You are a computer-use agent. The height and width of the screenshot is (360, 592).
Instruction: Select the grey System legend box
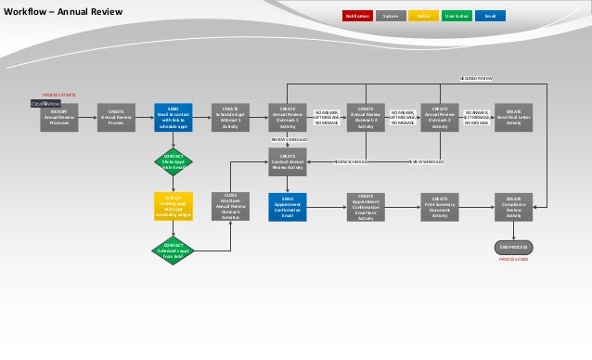[x=391, y=16]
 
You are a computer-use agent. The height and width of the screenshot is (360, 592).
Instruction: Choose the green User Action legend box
[x=457, y=16]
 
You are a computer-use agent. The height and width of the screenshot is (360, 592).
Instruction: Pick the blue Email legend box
[x=490, y=16]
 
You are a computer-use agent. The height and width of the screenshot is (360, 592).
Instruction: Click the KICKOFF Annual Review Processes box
[x=58, y=118]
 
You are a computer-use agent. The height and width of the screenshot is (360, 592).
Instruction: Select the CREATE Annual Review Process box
[x=116, y=118]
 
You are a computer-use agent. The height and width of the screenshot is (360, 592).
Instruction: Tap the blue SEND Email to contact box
[x=174, y=118]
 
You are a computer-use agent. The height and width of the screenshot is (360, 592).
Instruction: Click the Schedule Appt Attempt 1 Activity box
[x=231, y=118]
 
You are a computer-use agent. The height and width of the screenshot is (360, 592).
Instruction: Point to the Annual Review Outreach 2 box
[x=366, y=118]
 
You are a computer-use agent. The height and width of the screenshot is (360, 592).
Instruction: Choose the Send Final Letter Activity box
[x=514, y=118]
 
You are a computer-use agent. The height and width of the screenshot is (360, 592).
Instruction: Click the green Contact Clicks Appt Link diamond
[x=174, y=161]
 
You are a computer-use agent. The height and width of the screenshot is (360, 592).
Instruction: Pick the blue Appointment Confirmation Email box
[x=288, y=206]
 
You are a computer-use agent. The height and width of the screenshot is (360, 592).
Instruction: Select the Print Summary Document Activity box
[x=441, y=206]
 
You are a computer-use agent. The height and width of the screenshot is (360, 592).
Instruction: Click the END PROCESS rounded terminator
[x=514, y=248]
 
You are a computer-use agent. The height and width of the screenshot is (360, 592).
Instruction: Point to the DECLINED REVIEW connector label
[x=477, y=79]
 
